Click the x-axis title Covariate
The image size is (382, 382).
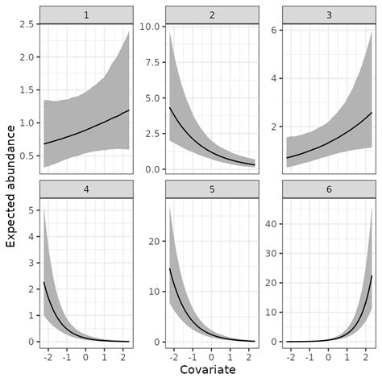pos(208,369)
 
